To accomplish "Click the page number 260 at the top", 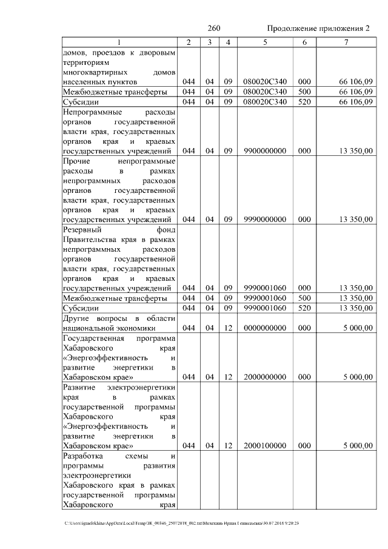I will [213, 29].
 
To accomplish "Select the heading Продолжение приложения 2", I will [318, 29].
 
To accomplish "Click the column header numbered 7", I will [346, 42].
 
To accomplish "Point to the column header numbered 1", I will [119, 42].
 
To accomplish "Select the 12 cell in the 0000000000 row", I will [228, 328].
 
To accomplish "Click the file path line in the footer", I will [182, 524].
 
